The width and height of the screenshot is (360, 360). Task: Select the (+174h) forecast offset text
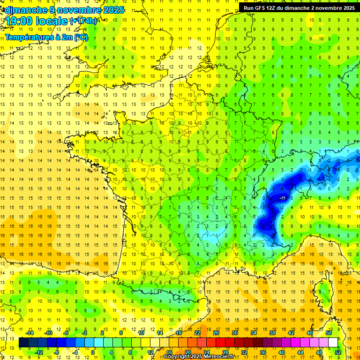pos(83,21)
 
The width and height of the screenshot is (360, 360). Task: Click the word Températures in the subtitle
pos(29,37)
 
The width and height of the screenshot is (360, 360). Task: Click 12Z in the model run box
pos(275,8)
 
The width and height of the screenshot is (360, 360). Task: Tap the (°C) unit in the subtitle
pos(81,37)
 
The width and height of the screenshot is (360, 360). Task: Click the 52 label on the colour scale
pos(338,352)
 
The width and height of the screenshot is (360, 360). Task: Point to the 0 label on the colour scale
pos(93,352)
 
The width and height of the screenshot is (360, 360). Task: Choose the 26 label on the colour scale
pos(216,333)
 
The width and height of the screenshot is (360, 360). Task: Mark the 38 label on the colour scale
pos(272,333)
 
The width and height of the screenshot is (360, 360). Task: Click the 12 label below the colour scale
pos(150,352)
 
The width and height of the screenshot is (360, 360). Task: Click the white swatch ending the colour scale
pos(333,343)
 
